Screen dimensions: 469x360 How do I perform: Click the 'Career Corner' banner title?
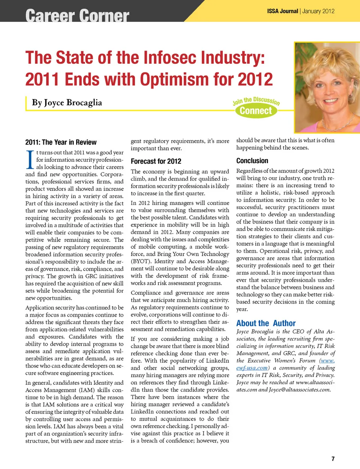(77, 16)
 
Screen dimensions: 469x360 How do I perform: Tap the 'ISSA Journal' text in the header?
(282, 11)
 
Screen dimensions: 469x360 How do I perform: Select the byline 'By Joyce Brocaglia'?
(67, 103)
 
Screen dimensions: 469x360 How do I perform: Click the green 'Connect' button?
(256, 111)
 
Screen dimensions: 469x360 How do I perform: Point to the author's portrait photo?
(327, 87)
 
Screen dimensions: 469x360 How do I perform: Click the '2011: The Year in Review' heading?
(61, 142)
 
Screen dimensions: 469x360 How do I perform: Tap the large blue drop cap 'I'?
(30, 160)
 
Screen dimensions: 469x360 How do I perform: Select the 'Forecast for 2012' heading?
(156, 162)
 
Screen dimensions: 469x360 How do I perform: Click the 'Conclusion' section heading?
(252, 161)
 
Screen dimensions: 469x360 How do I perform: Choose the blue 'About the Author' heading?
(266, 323)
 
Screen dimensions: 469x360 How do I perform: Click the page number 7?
(333, 459)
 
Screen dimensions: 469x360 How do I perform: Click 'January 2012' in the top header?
(318, 11)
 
